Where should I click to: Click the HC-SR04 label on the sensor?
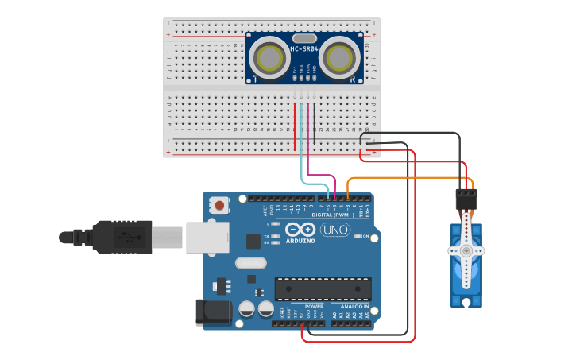tap(304, 50)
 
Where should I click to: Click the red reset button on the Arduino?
tap(218, 206)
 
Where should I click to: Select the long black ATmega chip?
tap(323, 288)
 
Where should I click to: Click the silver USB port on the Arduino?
tap(207, 237)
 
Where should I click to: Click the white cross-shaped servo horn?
tap(466, 250)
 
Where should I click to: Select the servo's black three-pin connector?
tap(466, 199)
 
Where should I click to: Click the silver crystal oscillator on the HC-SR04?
tap(304, 37)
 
